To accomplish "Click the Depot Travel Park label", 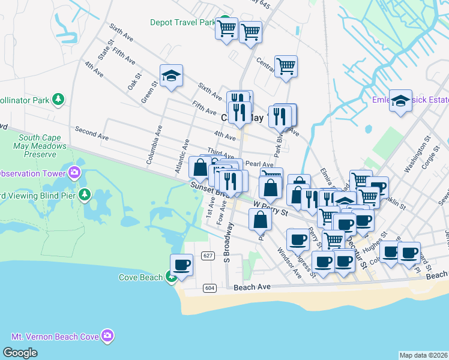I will tap(182, 23).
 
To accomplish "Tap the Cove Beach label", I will tap(140, 277).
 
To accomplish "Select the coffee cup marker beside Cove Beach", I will tap(181, 265).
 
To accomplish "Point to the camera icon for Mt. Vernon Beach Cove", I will tap(107, 335).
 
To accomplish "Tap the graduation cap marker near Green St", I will tap(171, 76).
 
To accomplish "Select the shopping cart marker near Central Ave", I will tap(286, 66).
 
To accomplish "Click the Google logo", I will tap(20, 352).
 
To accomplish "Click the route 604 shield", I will tap(209, 288).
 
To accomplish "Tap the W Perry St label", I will tap(271, 208).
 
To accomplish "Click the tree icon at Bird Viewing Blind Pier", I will tap(85, 194).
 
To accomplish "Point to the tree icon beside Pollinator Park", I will tap(58, 99).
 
